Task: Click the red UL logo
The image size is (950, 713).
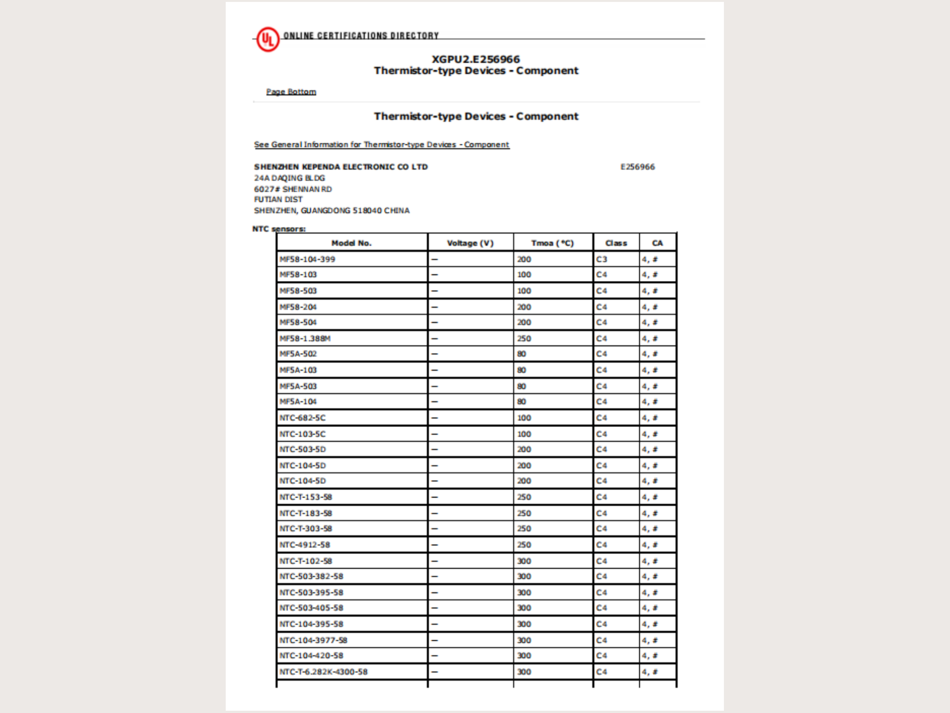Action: coord(268,40)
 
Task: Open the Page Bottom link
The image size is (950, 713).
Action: coord(291,92)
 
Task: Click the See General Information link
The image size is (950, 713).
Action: coord(382,145)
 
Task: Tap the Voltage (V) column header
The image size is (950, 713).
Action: coord(470,243)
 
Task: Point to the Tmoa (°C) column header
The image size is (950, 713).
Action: coord(552,243)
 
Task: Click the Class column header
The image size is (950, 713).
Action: coord(616,243)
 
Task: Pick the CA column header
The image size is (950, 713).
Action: coord(657,243)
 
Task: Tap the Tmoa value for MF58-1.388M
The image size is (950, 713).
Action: coord(524,338)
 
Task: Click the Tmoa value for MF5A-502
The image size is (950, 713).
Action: coord(521,354)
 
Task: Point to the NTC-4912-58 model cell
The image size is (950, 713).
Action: coord(304,545)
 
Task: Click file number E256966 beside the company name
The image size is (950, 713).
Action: coord(637,167)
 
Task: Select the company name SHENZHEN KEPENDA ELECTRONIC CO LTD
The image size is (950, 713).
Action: coord(340,167)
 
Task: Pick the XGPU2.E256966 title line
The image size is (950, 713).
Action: coord(475,59)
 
